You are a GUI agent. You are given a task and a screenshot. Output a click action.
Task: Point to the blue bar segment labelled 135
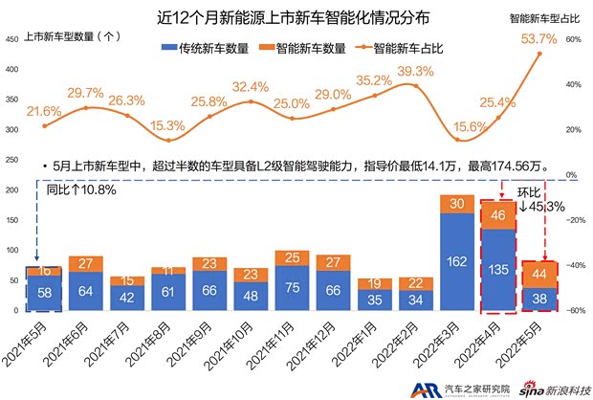[x=498, y=269]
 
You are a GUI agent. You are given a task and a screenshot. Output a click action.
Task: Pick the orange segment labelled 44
[x=539, y=275]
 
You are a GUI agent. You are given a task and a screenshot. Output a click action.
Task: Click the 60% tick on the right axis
[x=574, y=39]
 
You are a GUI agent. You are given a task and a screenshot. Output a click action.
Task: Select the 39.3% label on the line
[x=415, y=72]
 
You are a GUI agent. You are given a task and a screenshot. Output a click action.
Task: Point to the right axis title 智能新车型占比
[x=547, y=17]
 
